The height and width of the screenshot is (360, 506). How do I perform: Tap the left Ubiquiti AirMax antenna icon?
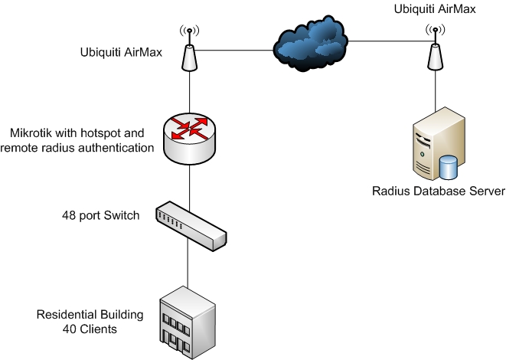188,54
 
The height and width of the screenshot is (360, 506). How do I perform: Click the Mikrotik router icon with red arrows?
188,138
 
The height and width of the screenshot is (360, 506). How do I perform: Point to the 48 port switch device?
191,224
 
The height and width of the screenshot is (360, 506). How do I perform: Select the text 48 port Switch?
100,215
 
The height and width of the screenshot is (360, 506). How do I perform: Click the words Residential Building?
91,315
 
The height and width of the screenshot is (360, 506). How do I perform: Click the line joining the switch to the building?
188,264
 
